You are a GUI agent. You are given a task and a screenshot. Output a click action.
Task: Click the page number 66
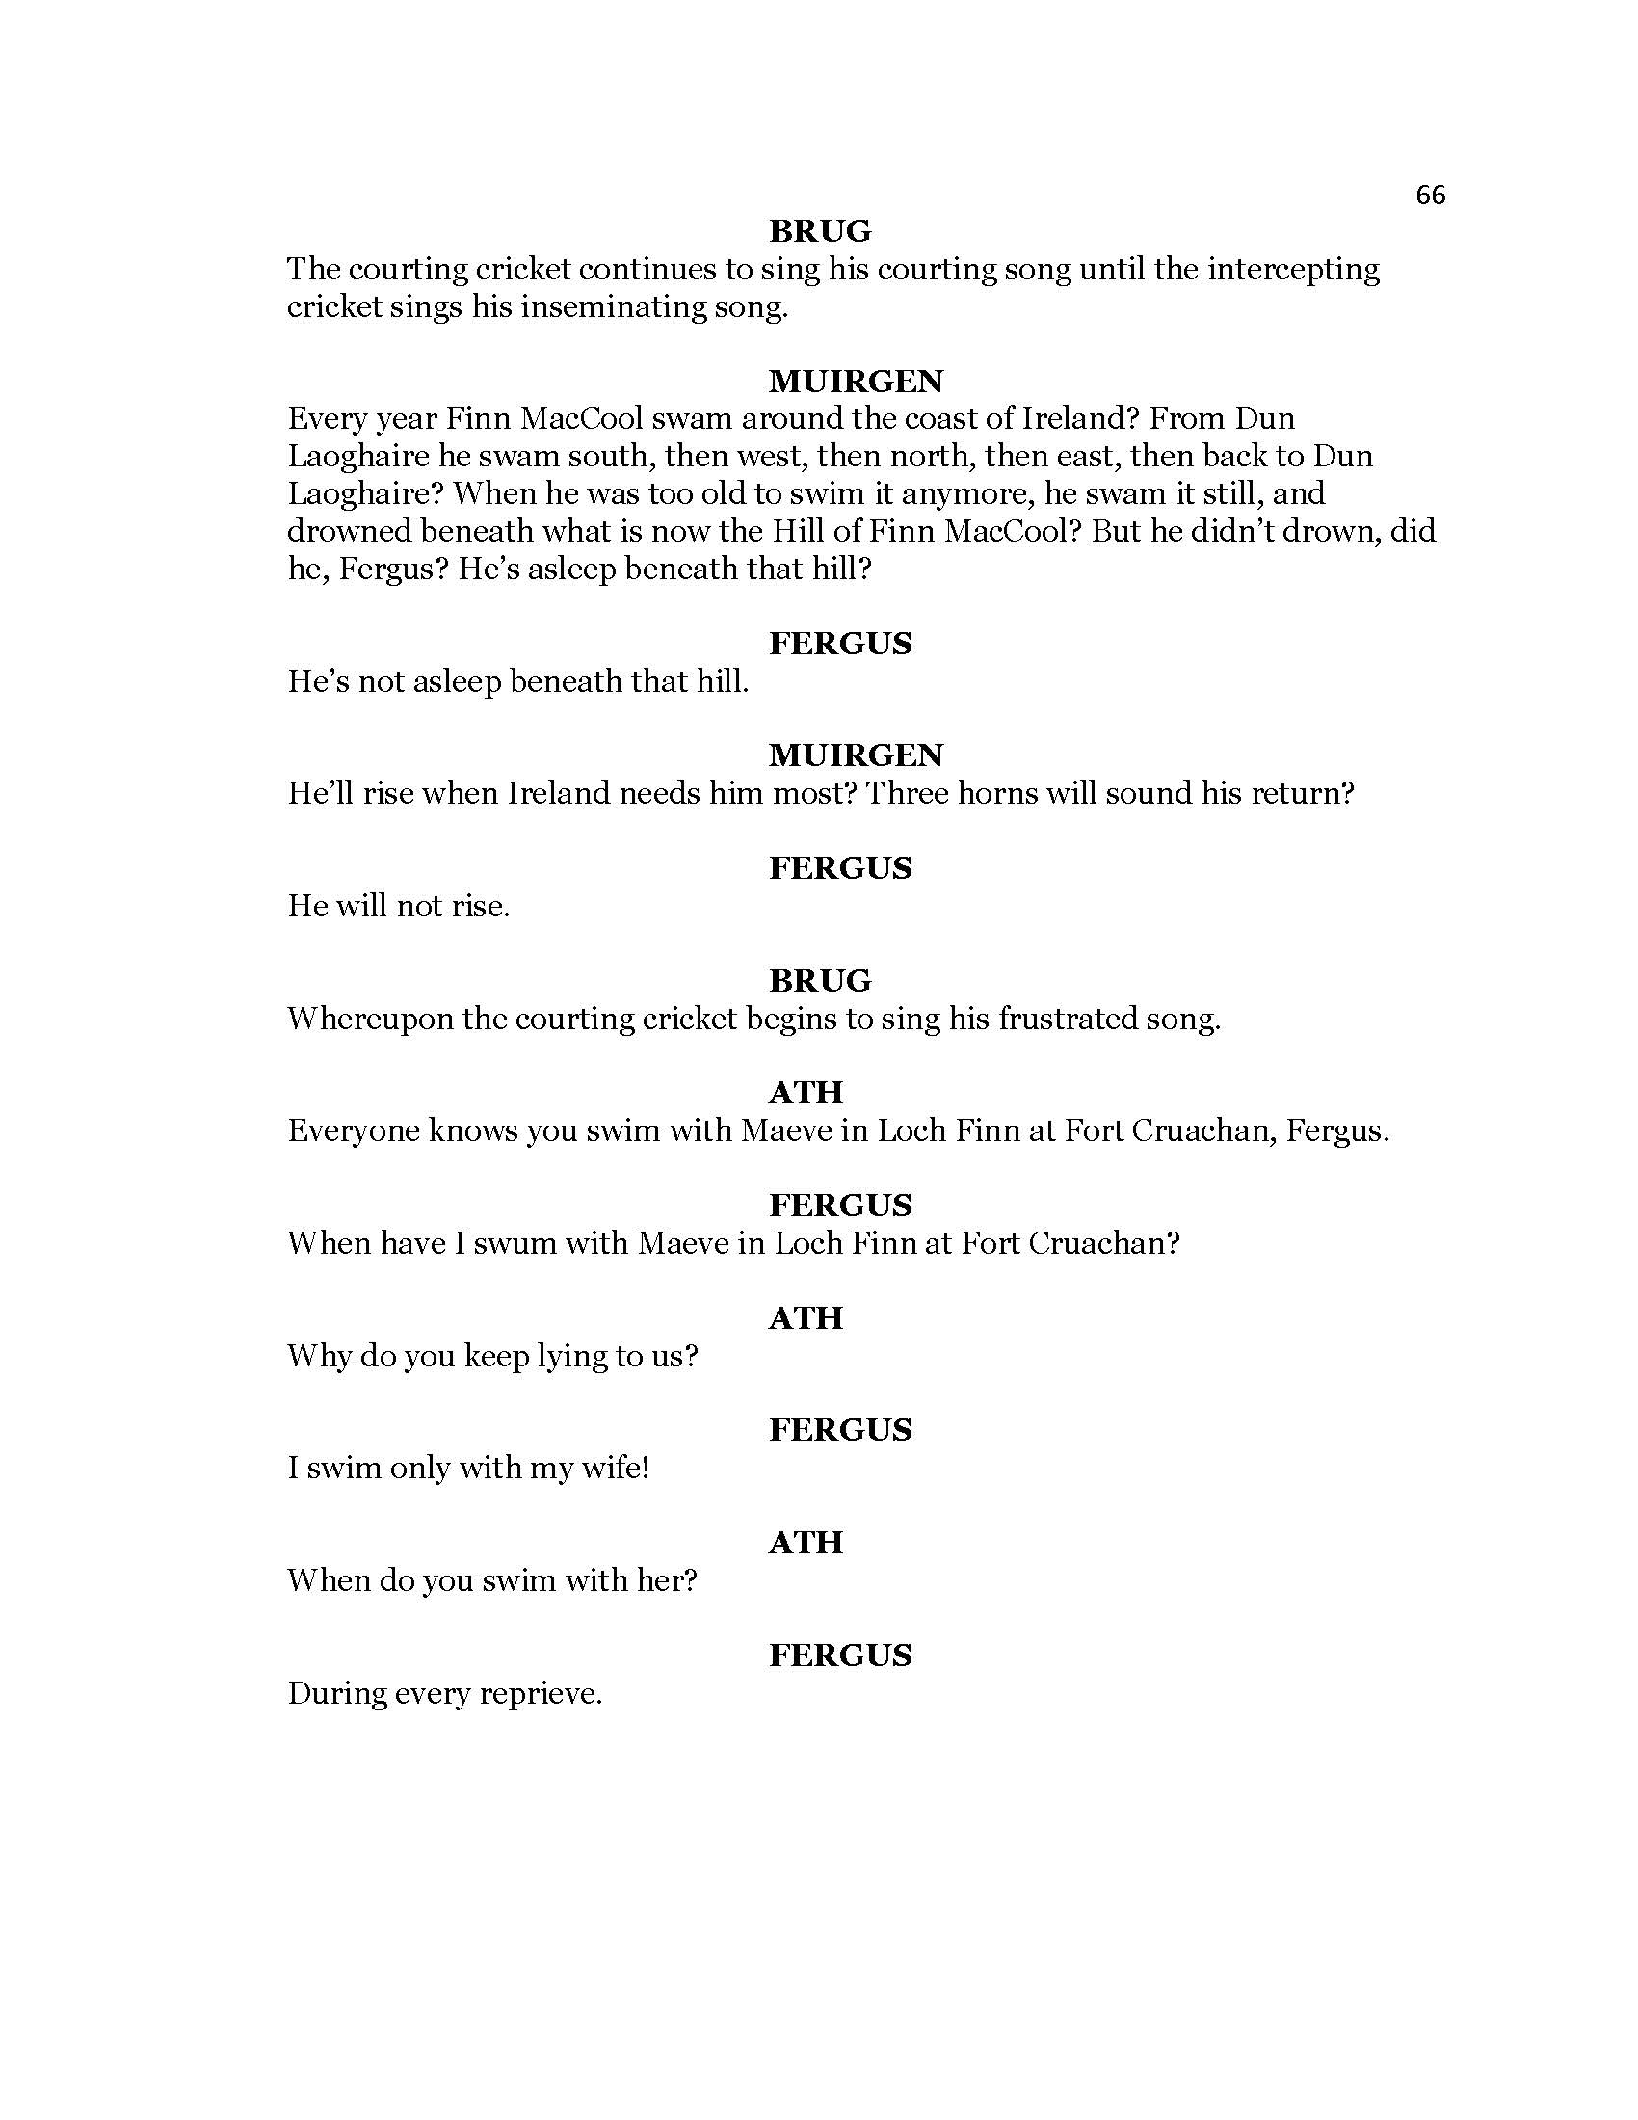tap(1430, 195)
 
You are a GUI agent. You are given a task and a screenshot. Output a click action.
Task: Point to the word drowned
tap(348, 531)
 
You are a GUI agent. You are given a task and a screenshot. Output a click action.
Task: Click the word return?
tap(1302, 794)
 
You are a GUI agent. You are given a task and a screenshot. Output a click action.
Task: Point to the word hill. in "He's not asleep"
tap(722, 681)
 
